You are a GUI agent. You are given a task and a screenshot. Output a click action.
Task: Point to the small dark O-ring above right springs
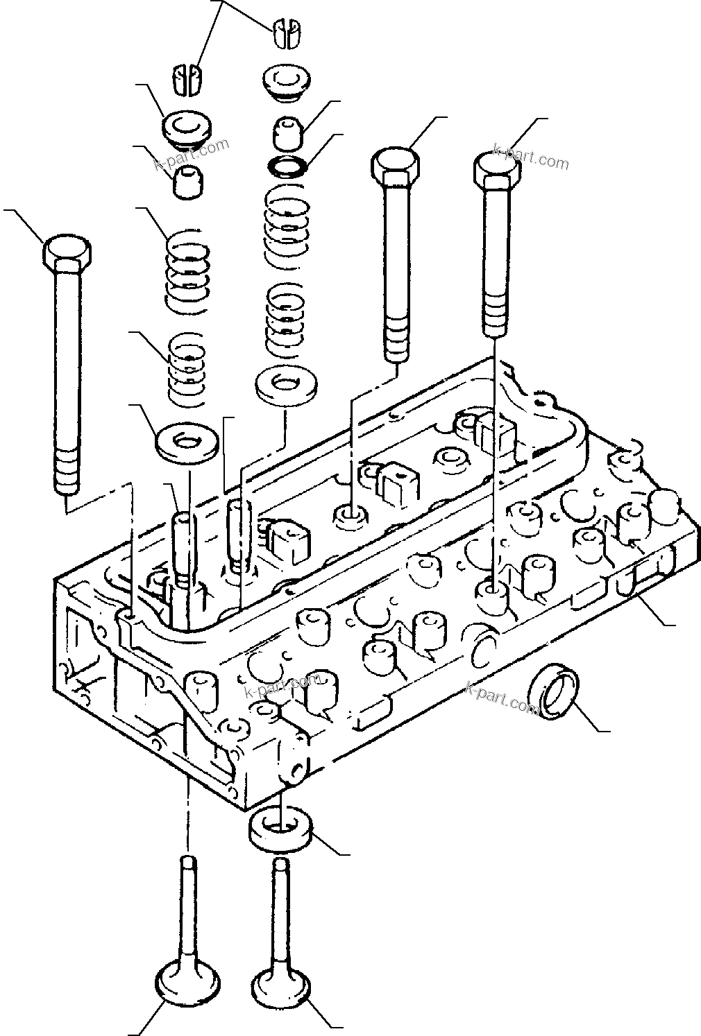[288, 166]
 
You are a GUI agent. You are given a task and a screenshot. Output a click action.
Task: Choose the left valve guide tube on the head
[184, 542]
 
